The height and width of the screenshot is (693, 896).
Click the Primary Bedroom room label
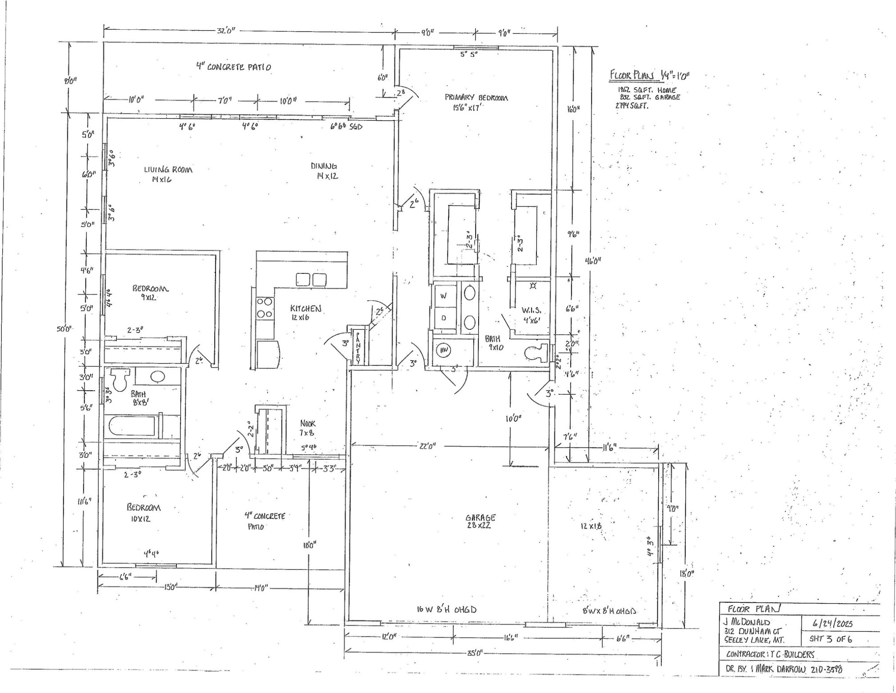(x=476, y=98)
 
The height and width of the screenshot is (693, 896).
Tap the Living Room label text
(x=168, y=170)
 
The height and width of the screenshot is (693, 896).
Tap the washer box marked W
(x=443, y=296)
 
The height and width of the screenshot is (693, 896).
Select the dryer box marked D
(x=443, y=319)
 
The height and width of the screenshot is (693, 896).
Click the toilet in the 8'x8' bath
(x=120, y=380)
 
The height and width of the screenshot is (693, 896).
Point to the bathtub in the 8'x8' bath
(x=132, y=426)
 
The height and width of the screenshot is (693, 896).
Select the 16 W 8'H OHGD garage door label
(x=446, y=610)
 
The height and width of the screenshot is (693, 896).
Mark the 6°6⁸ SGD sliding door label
(x=347, y=127)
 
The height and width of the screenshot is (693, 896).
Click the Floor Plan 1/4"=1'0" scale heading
(x=649, y=75)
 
